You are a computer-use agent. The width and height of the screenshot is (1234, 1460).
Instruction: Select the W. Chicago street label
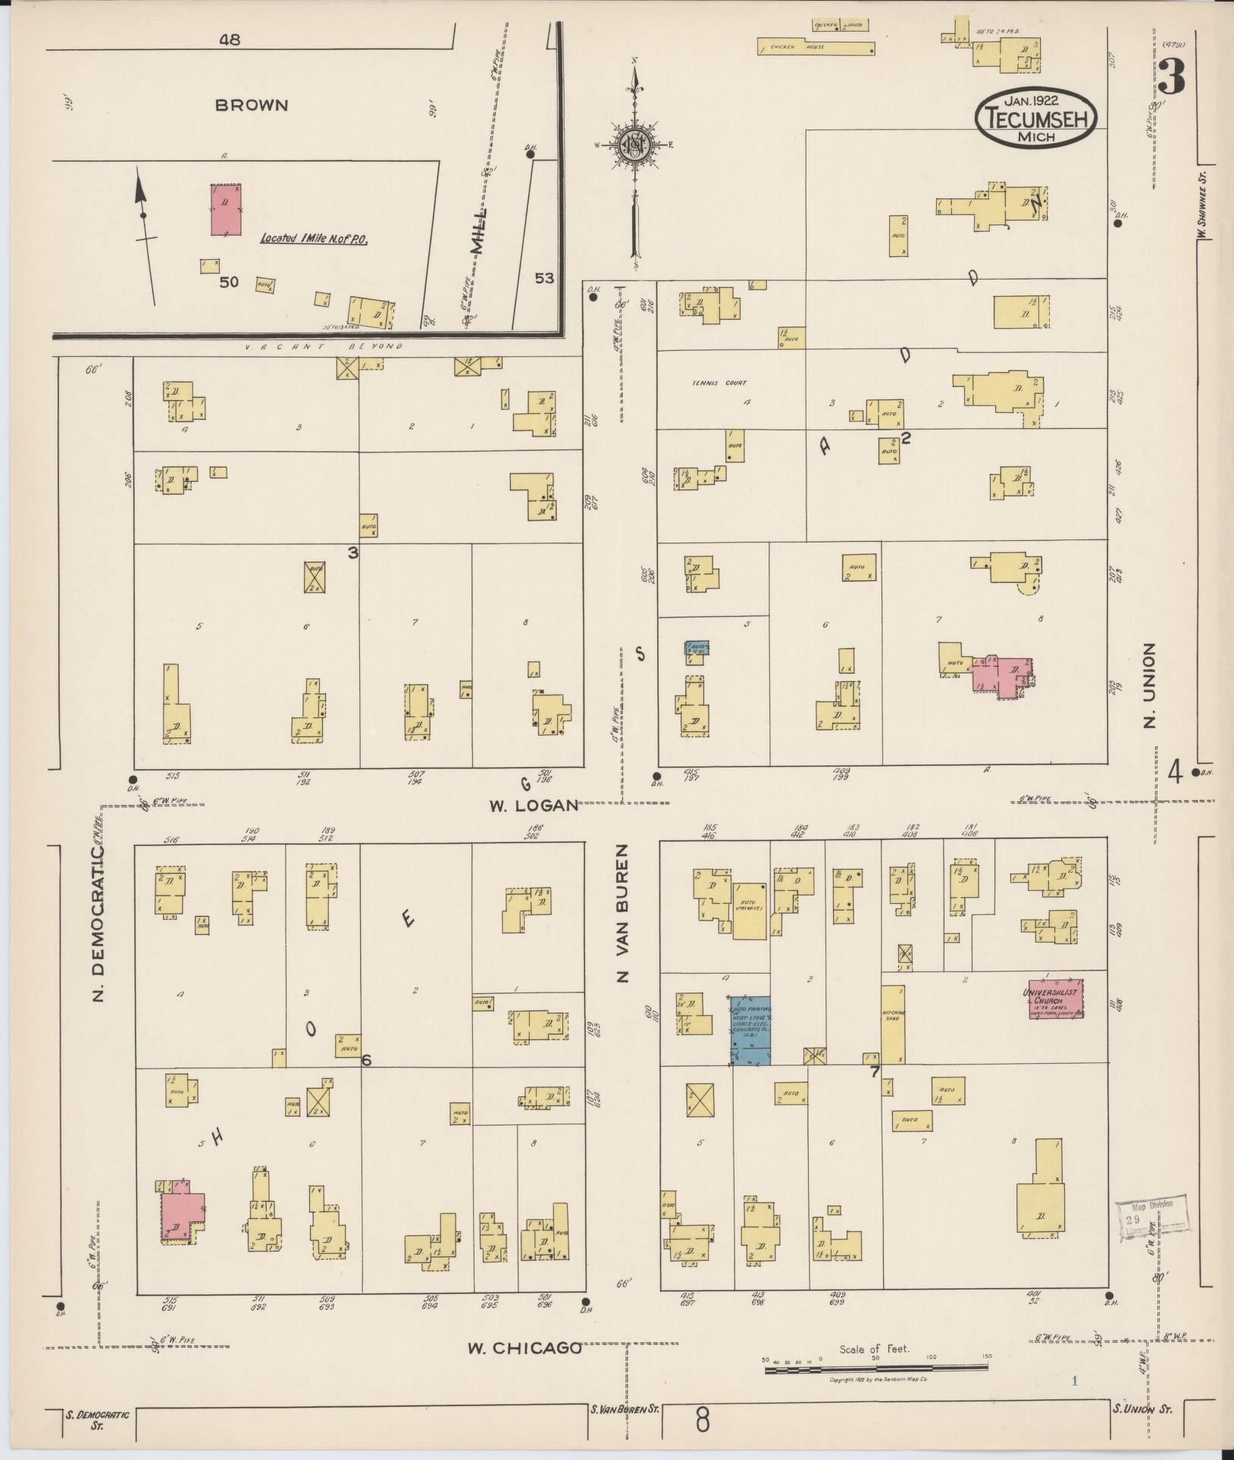point(524,1348)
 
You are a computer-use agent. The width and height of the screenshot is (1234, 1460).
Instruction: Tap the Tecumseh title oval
point(1035,118)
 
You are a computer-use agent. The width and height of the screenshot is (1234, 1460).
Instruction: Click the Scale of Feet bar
point(875,1368)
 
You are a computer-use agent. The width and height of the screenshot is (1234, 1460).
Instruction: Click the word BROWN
point(252,105)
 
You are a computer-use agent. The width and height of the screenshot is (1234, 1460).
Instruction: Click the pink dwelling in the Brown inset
point(226,208)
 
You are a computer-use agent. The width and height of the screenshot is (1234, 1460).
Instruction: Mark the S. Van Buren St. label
point(625,1408)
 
